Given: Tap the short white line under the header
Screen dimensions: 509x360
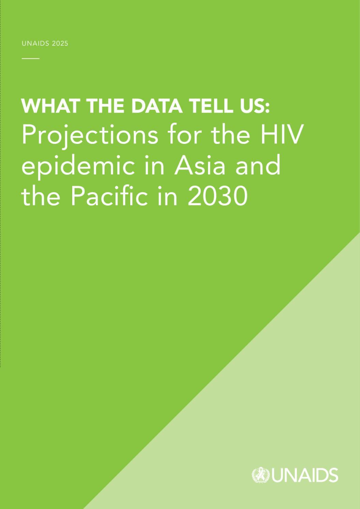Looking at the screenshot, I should (x=30, y=58).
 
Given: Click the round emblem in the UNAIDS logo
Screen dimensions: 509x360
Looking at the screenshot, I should (x=260, y=475).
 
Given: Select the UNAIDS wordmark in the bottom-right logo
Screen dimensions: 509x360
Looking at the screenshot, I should (x=304, y=475).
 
